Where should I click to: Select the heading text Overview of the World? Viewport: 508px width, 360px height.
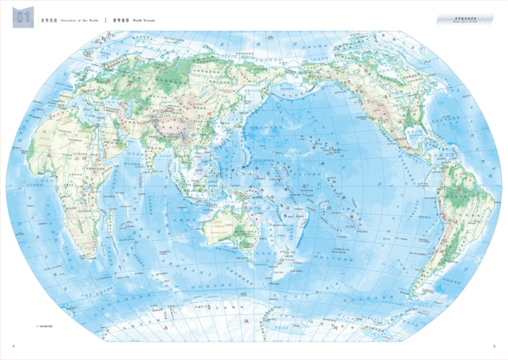79,21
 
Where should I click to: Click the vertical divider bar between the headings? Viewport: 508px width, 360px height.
106,21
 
